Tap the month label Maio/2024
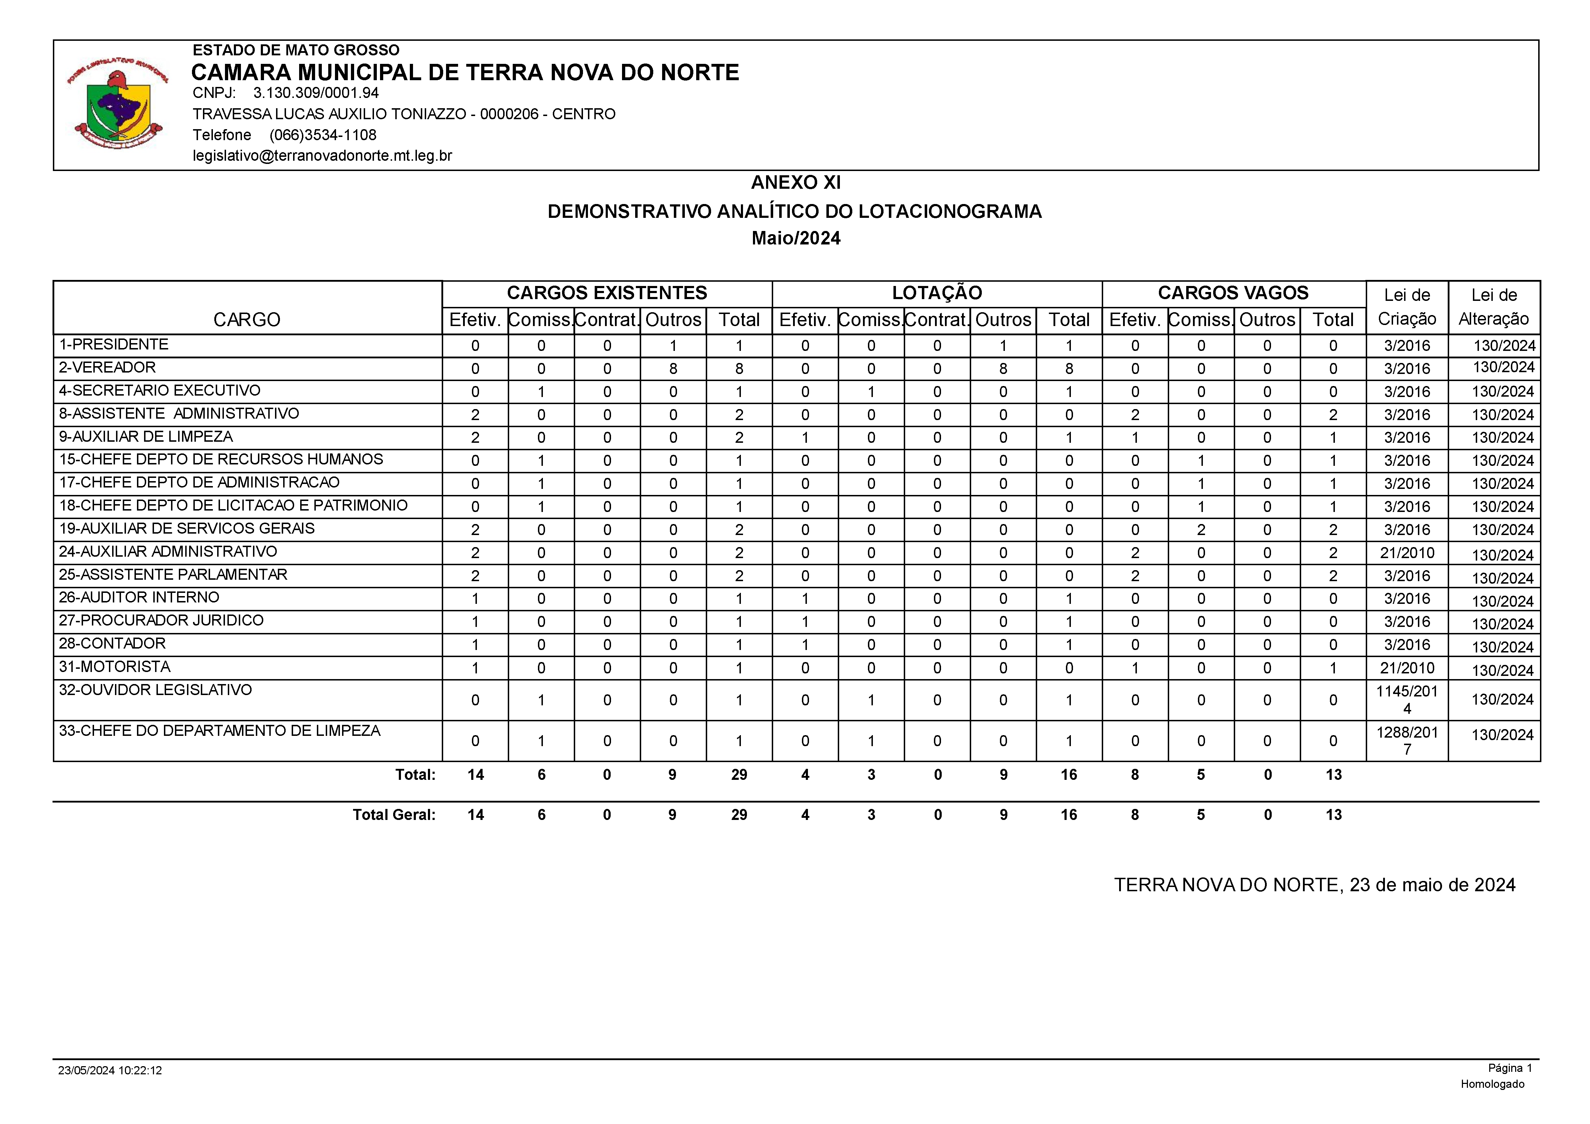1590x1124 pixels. tap(796, 238)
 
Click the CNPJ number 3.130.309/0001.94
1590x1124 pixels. tap(316, 93)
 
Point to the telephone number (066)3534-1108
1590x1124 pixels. tap(323, 135)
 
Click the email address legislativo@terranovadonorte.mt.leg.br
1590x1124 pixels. tap(322, 156)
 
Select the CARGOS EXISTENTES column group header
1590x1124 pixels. tap(607, 293)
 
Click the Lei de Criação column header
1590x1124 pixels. tap(1407, 307)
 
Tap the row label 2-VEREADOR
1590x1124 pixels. tap(108, 368)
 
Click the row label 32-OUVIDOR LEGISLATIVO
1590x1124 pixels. tap(156, 690)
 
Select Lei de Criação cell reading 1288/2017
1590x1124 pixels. tap(1407, 740)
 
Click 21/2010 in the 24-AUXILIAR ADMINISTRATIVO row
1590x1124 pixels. tap(1407, 553)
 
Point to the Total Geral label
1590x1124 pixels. tap(394, 815)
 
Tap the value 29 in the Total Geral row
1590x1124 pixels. tap(739, 815)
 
